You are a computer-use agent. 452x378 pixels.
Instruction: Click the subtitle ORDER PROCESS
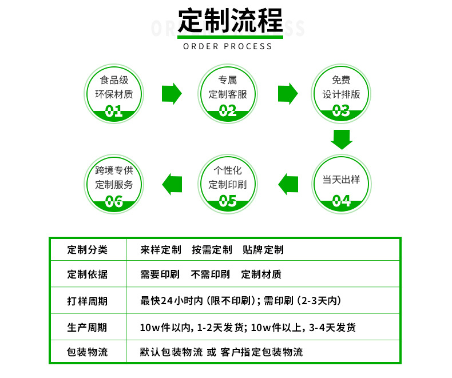click(x=228, y=46)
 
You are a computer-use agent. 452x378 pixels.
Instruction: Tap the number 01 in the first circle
click(x=114, y=111)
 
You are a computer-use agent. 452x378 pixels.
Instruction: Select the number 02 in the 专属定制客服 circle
click(x=228, y=111)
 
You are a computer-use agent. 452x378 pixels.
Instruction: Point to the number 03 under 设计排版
click(x=341, y=111)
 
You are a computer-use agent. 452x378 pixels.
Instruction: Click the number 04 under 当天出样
click(x=341, y=201)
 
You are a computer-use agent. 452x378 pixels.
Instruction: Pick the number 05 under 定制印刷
click(x=228, y=201)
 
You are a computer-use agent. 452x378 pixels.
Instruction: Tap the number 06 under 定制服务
click(x=114, y=201)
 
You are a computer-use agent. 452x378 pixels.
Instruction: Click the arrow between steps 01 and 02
click(x=172, y=94)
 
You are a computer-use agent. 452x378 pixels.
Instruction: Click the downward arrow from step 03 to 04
click(x=342, y=140)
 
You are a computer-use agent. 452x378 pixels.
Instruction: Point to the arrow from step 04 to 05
click(x=288, y=184)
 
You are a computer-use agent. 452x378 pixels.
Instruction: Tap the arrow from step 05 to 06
click(x=172, y=184)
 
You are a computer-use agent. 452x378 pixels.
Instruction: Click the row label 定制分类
click(x=87, y=250)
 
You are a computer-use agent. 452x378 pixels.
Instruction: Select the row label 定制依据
click(x=87, y=274)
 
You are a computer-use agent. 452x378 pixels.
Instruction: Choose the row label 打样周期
click(x=87, y=301)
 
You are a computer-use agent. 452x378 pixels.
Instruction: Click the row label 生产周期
click(x=87, y=328)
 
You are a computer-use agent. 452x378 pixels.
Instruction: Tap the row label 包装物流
click(x=87, y=352)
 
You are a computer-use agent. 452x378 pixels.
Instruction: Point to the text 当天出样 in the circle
click(x=341, y=180)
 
